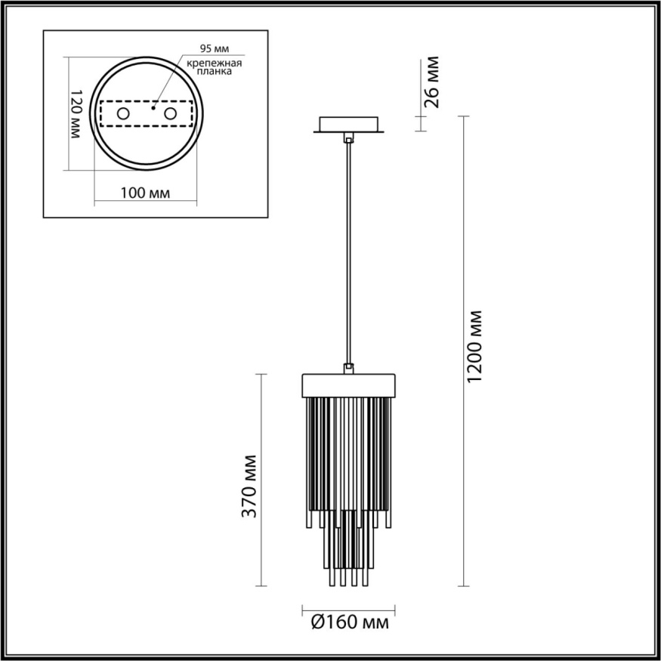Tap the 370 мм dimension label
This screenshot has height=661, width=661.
[250, 486]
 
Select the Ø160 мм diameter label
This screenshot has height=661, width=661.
[350, 622]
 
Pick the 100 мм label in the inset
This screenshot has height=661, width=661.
[144, 193]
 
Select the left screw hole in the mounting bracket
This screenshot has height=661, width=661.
[122, 114]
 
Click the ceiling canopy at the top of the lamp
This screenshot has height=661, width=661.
[348, 125]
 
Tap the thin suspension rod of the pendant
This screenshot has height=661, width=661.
[348, 249]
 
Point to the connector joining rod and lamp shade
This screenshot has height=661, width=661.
[348, 368]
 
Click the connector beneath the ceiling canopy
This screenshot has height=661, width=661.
[348, 138]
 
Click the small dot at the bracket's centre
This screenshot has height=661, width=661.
[153, 108]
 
